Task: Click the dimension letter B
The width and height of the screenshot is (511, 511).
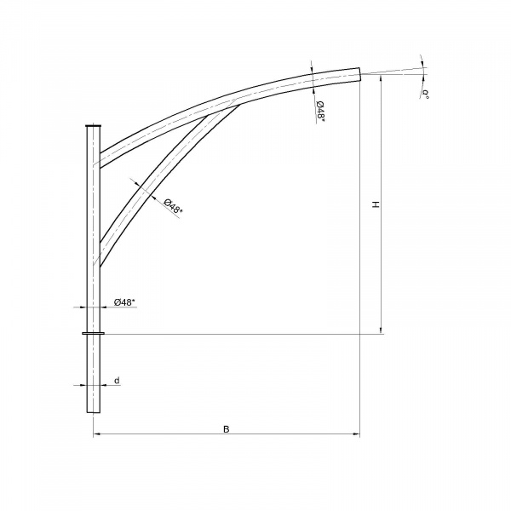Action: coord(227,429)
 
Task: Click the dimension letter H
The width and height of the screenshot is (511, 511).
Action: coord(376,204)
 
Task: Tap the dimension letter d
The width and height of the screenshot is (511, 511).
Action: coord(117,381)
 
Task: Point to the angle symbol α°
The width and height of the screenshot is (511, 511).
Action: coord(425,93)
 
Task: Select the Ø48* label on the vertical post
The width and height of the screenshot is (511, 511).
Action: coord(124,302)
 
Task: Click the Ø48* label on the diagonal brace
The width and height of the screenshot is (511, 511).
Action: coord(173,206)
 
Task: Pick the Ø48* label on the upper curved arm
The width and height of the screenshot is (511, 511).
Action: coord(320,111)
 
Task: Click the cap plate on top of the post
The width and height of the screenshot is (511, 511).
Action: coord(94,126)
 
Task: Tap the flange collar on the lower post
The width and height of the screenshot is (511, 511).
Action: coord(94,333)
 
